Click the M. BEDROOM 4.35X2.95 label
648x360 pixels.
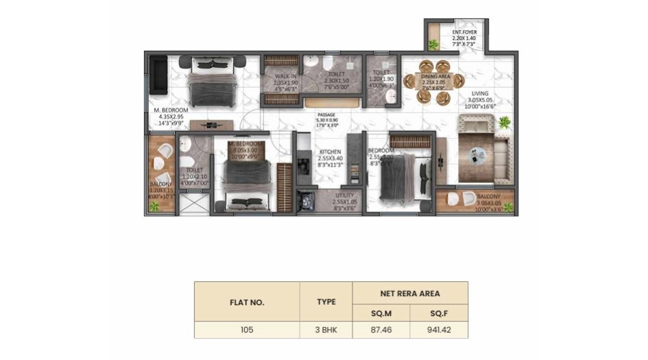pyautogui.click(x=168, y=117)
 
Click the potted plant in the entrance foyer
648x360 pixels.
pyautogui.click(x=433, y=45)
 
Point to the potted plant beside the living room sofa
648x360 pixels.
pyautogui.click(x=505, y=123)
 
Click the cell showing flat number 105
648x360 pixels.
pyautogui.click(x=247, y=330)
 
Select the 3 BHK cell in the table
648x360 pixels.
pyautogui.click(x=326, y=330)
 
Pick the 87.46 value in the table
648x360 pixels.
pyautogui.click(x=381, y=330)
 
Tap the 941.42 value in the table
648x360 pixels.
pyautogui.click(x=439, y=330)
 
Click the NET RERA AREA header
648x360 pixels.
pyautogui.click(x=410, y=293)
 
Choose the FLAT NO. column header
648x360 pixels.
pyautogui.click(x=247, y=302)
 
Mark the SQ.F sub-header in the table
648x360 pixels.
pyautogui.click(x=439, y=312)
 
